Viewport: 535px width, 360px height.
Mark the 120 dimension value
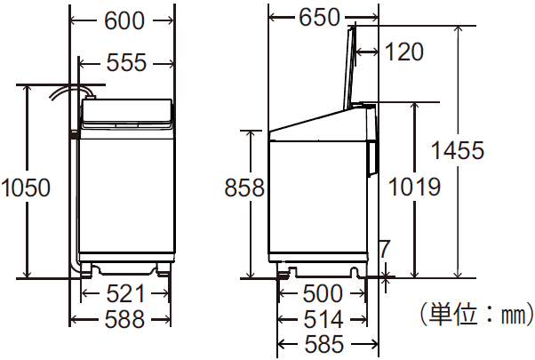point(405,52)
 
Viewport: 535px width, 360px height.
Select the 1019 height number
point(414,188)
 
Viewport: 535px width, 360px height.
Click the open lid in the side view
point(348,67)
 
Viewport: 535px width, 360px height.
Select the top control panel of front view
point(125,113)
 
